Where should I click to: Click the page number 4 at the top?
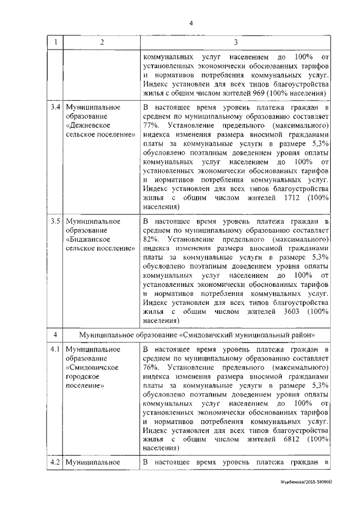pyautogui.click(x=191, y=23)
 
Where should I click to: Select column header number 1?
pyautogui.click(x=55, y=42)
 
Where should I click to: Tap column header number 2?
pyautogui.click(x=101, y=42)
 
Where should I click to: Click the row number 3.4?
pyautogui.click(x=55, y=107)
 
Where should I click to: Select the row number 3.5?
pyautogui.click(x=55, y=221)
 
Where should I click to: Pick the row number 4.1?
pyautogui.click(x=55, y=349)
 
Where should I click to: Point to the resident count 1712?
pyautogui.click(x=282, y=198)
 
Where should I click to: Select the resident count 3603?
pyautogui.click(x=282, y=312)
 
